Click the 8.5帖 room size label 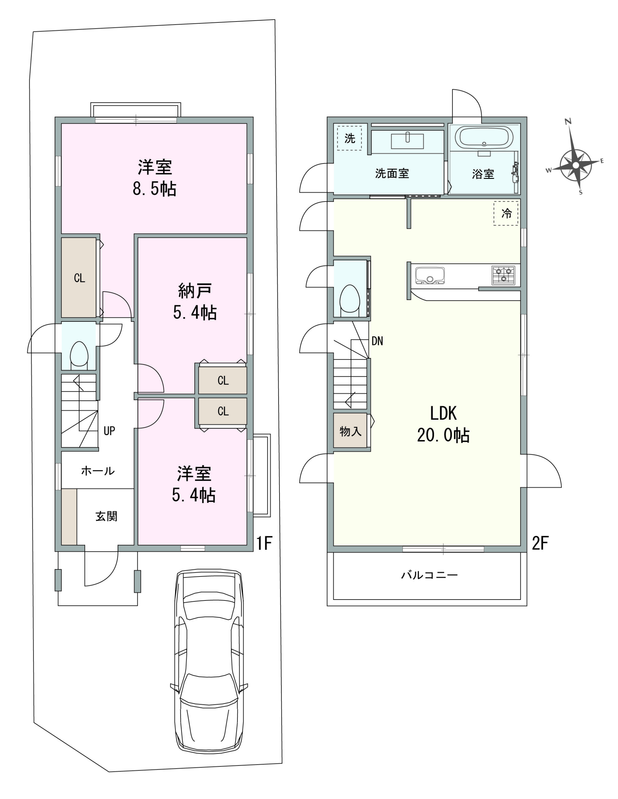[x=154, y=189]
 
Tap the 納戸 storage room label [x=195, y=291]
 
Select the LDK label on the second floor [x=443, y=414]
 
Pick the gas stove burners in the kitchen [x=503, y=275]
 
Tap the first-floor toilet [x=79, y=354]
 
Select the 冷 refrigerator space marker [x=506, y=213]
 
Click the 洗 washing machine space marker [x=349, y=138]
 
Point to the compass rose [x=576, y=165]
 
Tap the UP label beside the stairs [x=109, y=431]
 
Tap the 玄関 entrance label [x=106, y=517]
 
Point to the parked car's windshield [x=209, y=625]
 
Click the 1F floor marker [x=264, y=543]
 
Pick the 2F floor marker [x=540, y=543]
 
